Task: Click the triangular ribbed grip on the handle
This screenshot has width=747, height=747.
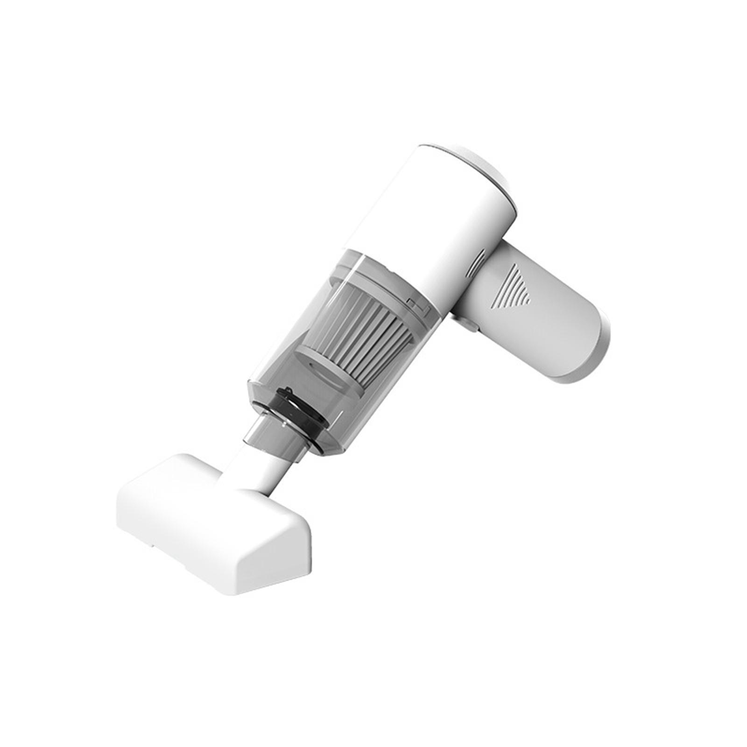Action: pyautogui.click(x=513, y=287)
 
